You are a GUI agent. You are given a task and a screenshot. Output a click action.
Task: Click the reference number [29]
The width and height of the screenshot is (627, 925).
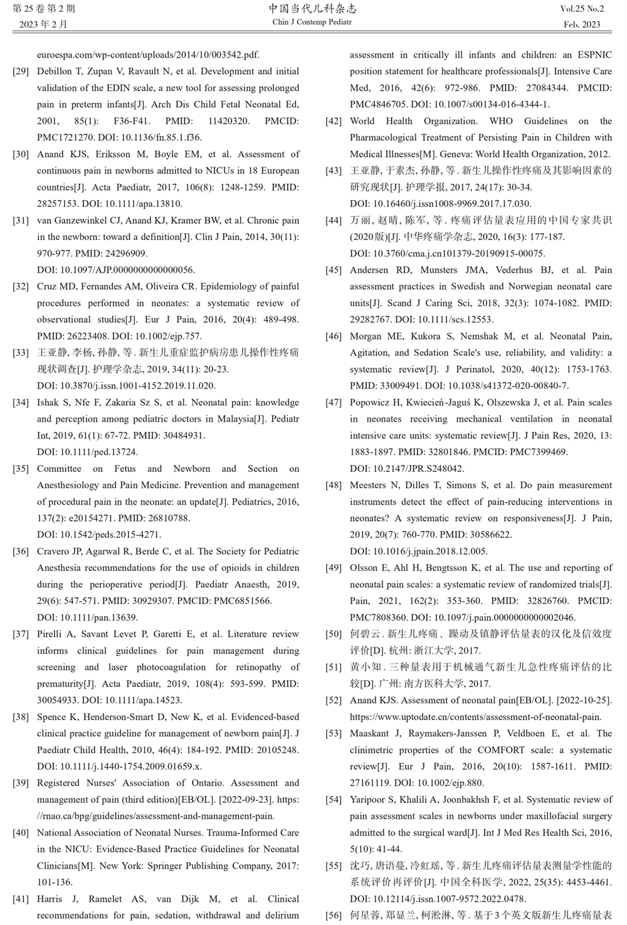click(x=21, y=71)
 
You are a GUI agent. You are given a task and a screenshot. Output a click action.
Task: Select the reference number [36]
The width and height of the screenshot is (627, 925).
click(x=21, y=551)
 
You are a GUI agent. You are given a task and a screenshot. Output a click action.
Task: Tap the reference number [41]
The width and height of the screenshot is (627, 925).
click(x=21, y=899)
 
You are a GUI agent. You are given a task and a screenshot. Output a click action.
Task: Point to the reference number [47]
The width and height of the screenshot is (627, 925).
click(x=334, y=402)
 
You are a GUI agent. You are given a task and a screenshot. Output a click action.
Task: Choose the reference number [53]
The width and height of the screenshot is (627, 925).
click(x=334, y=733)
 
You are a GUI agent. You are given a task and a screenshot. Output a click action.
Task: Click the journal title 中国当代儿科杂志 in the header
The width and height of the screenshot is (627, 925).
click(x=312, y=9)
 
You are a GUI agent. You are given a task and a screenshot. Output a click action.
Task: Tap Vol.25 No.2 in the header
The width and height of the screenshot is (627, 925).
click(x=582, y=9)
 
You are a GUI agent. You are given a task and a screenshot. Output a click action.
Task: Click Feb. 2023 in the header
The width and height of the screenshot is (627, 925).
click(x=582, y=24)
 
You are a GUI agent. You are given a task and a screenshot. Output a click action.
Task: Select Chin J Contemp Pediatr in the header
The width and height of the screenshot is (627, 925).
click(x=312, y=23)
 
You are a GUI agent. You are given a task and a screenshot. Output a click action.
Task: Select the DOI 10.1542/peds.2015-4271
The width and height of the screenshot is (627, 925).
click(x=110, y=535)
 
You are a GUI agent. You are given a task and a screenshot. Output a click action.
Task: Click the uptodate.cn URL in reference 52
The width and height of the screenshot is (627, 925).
click(x=475, y=717)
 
